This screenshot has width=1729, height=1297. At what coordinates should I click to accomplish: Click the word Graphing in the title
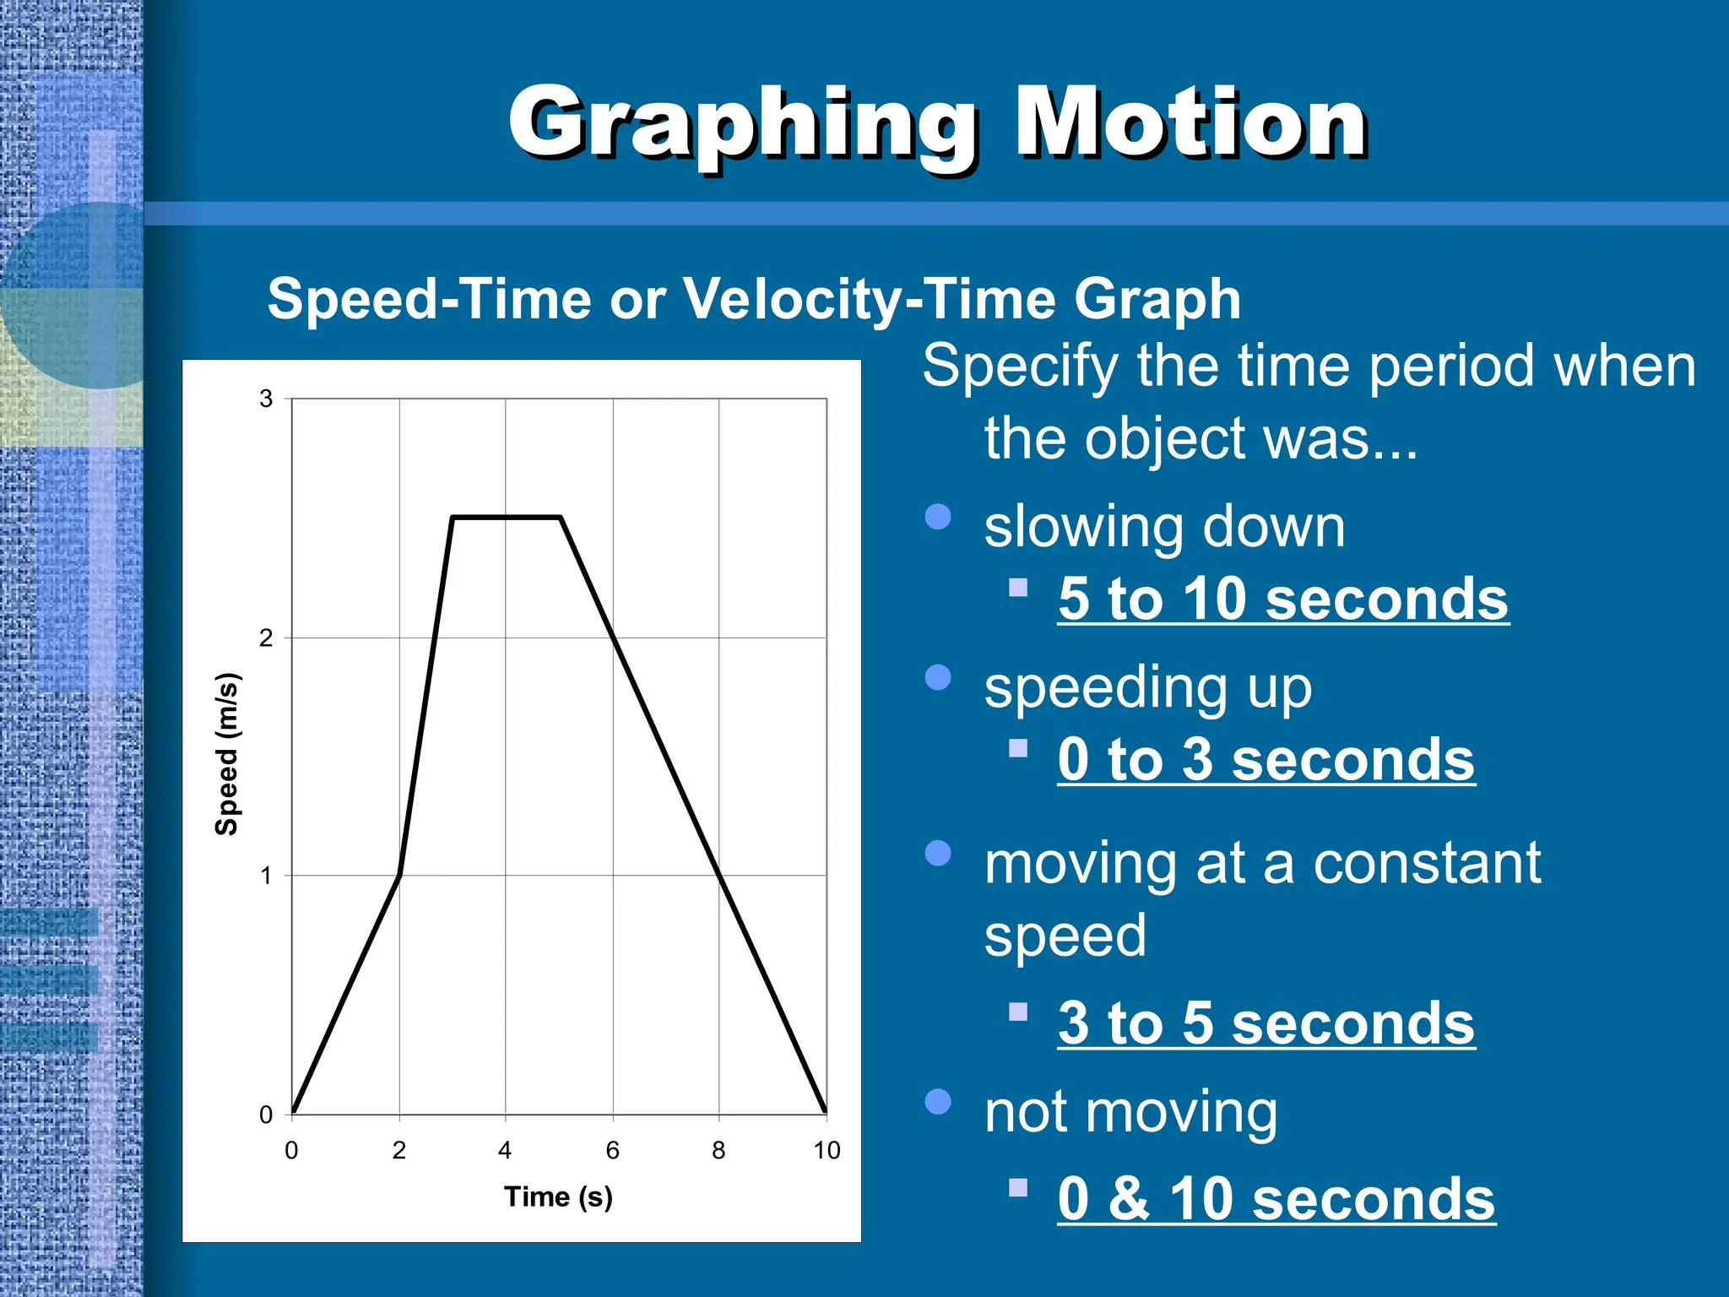tap(743, 125)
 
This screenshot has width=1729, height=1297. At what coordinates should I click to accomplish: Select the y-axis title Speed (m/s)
tap(226, 754)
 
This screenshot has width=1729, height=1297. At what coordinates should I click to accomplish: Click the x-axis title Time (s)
tap(558, 1197)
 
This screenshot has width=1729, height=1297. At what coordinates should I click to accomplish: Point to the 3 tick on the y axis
tap(267, 398)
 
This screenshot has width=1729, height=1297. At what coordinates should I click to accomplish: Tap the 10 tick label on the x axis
tap(827, 1150)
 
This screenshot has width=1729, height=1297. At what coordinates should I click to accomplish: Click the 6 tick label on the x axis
tap(613, 1150)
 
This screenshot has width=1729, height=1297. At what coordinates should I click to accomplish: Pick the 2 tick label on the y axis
tap(267, 638)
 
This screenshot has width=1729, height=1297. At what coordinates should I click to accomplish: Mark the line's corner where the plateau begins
tap(453, 517)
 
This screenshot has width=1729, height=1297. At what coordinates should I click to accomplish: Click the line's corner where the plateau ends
tap(560, 517)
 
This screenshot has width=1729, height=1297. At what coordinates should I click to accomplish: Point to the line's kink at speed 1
tap(399, 875)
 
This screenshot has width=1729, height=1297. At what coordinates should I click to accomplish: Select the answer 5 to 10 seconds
tap(1282, 599)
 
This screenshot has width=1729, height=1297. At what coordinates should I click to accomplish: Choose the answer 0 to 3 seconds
tap(1266, 759)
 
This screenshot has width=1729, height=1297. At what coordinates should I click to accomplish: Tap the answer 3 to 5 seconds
tap(1266, 1023)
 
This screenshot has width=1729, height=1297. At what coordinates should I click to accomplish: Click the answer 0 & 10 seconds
tap(1276, 1198)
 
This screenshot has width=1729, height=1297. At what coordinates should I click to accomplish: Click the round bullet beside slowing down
tap(938, 517)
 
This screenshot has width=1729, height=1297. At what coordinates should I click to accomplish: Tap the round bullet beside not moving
tap(938, 1101)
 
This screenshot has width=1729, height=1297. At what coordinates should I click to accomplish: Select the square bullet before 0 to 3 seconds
tap(1018, 748)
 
